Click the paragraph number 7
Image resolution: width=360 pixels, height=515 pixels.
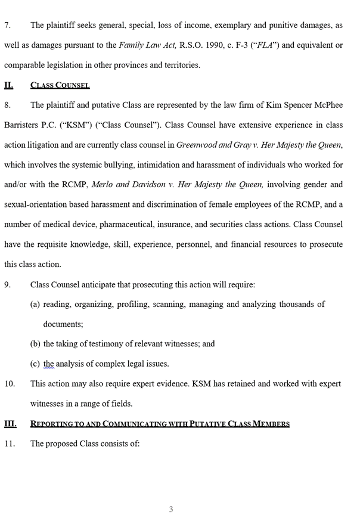pyautogui.click(x=7, y=25)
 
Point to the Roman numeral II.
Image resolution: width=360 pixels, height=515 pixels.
pyautogui.click(x=8, y=85)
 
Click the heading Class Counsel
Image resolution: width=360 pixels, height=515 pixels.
pyautogui.click(x=60, y=85)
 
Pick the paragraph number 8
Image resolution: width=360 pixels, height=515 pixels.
pyautogui.click(x=7, y=105)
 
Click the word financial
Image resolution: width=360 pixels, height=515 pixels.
pyautogui.click(x=260, y=244)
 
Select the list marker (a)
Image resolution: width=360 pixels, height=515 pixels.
pyautogui.click(x=36, y=304)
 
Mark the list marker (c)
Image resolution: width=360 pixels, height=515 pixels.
pyautogui.click(x=35, y=364)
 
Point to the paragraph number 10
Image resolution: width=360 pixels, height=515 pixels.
pyautogui.click(x=10, y=384)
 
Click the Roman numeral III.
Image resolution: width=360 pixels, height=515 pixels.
pyautogui.click(x=10, y=424)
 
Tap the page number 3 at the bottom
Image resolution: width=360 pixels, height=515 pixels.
pyautogui.click(x=171, y=508)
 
